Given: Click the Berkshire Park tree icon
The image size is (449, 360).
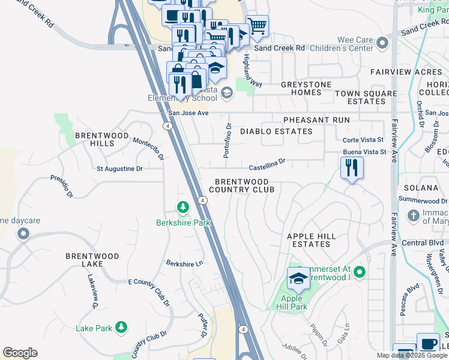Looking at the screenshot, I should point(182,208).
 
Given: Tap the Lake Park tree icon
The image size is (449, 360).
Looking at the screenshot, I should point(122,326).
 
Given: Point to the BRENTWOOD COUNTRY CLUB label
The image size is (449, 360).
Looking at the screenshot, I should point(245,185).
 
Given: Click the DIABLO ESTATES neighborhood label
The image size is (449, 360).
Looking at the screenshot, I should point(276,131).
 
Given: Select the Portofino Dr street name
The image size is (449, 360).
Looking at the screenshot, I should point(228,141).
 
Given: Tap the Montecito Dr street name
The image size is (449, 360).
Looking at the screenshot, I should point(148,149).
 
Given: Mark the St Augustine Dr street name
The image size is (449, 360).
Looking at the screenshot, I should point(119,169).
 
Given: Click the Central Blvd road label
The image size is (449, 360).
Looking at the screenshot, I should point(422,243).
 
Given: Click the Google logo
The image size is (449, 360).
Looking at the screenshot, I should point(20,353).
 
